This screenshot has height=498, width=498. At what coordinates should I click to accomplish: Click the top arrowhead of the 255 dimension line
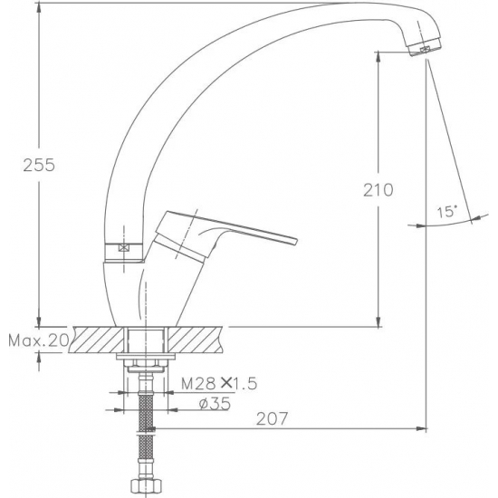[38, 7]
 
